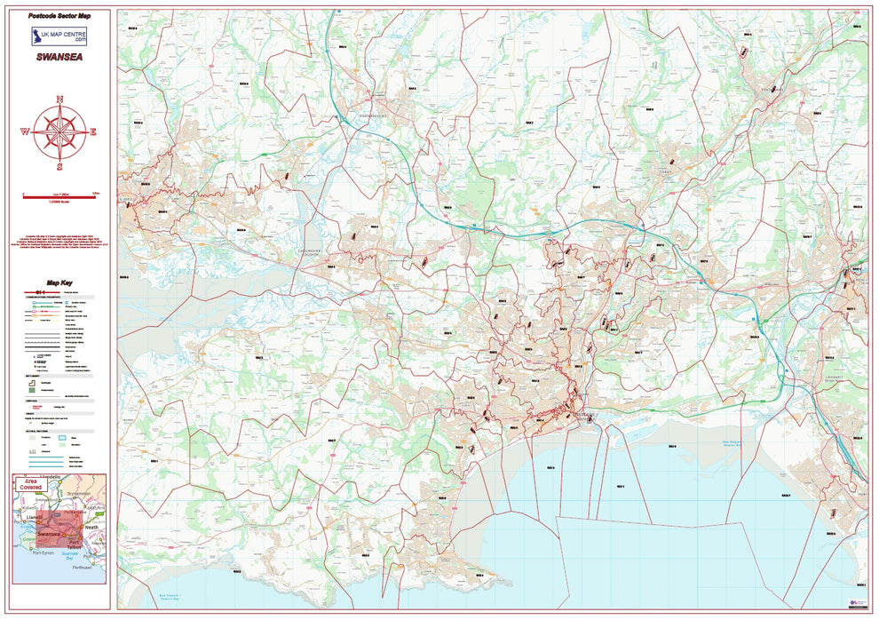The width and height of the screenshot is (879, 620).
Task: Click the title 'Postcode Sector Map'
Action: pyautogui.click(x=59, y=16)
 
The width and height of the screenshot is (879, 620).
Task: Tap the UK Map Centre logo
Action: pyautogui.click(x=59, y=36)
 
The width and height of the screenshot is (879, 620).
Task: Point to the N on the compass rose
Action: pyautogui.click(x=59, y=99)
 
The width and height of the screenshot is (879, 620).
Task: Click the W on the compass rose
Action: pyautogui.click(x=25, y=132)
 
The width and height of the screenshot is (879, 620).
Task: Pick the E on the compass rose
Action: pyautogui.click(x=93, y=132)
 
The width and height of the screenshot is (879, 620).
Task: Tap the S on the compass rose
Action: pyautogui.click(x=59, y=166)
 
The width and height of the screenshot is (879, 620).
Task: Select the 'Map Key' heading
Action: pyautogui.click(x=59, y=282)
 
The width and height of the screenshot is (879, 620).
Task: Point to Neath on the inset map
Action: pyautogui.click(x=91, y=527)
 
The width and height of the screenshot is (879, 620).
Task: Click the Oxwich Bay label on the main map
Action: pyautogui.click(x=169, y=597)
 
